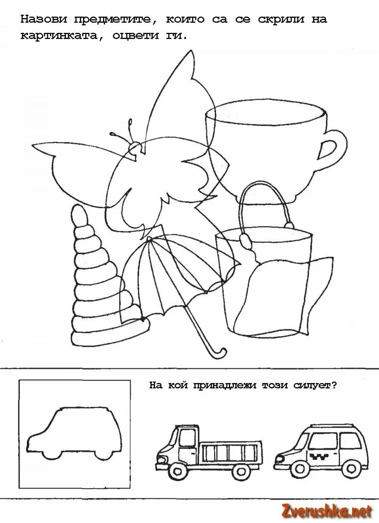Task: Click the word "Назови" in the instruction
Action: click(44, 20)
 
